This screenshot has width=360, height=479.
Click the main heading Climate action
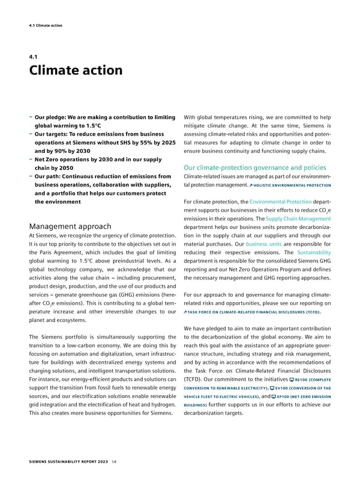[x=76, y=70]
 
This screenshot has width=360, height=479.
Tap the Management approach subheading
[x=70, y=209]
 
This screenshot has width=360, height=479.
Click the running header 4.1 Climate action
[x=46, y=25]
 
